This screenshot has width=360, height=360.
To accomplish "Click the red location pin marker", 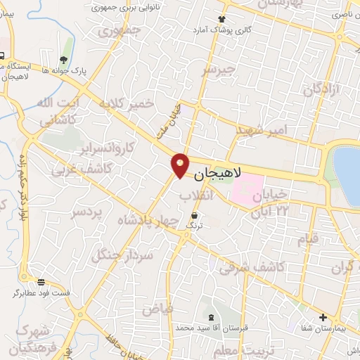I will click(181, 165).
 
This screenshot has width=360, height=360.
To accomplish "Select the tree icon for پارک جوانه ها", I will click(64, 60).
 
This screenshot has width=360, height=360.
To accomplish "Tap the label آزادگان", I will click(321, 89).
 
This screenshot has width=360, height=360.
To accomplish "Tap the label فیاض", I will click(157, 309).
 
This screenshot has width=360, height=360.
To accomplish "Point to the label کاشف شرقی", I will click(251, 267).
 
